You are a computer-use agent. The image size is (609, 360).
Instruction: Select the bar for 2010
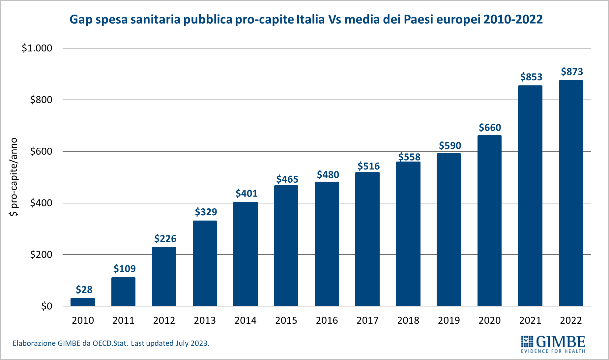pos(83,302)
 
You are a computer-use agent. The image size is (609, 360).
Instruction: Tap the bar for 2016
pos(327,244)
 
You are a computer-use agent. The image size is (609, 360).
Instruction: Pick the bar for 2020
pos(489,221)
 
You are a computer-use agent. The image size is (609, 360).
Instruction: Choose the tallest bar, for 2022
pos(571,193)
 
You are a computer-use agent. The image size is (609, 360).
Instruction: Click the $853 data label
pos(531,77)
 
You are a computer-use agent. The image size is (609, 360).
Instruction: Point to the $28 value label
pos(84,289)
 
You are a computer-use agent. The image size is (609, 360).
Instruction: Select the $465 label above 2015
pos(287,179)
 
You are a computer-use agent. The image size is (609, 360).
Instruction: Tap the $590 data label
pos(450,145)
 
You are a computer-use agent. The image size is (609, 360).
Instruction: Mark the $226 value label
pos(165,238)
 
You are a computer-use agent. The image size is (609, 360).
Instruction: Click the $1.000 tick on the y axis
pos(37,48)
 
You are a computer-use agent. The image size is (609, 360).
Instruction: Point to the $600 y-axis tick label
pos(41,151)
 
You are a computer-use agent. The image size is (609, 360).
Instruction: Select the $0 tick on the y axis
pos(46,306)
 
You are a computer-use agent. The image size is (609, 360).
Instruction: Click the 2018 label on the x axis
pos(408,320)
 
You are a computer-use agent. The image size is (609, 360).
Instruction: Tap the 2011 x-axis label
pos(124,320)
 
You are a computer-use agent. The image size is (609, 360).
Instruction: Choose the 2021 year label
pos(530,320)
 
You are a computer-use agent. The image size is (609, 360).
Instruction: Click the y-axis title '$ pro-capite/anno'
pos(14,177)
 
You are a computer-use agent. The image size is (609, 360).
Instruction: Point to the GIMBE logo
pos(553,344)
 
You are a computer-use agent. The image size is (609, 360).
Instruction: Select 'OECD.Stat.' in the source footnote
pos(110,343)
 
